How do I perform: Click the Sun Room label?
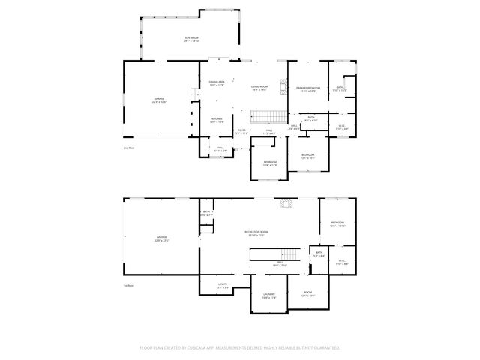191,39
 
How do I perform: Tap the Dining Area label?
217,83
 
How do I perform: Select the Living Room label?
259,88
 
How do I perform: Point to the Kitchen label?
217,119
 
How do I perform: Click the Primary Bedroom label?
308,89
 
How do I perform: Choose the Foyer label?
241,132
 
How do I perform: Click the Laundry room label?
269,295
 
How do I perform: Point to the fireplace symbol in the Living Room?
283,85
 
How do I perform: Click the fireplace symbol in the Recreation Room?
286,202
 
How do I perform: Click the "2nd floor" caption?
128,148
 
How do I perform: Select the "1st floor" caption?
128,286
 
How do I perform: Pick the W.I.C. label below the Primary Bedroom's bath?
342,127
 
